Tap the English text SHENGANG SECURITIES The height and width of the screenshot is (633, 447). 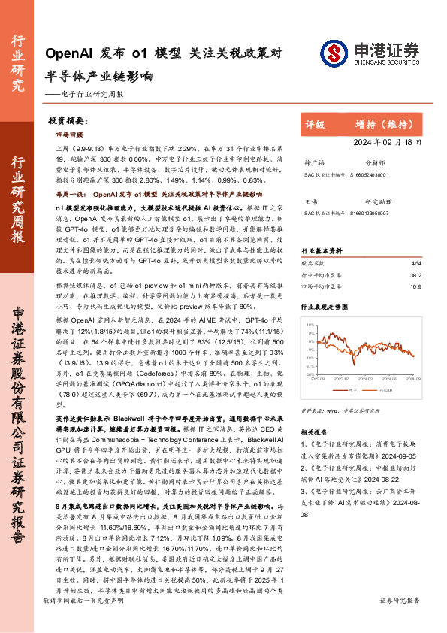pyautogui.click(x=382, y=64)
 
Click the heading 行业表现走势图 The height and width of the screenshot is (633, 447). pyautogui.click(x=325, y=308)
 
